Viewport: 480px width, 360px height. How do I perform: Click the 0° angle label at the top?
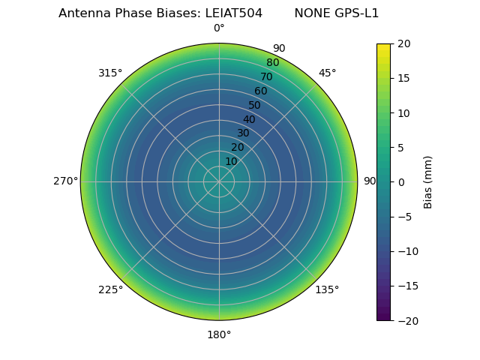pyautogui.click(x=219, y=28)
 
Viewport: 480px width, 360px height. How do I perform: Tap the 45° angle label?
pyautogui.click(x=327, y=73)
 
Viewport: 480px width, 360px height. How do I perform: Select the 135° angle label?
pyautogui.click(x=327, y=289)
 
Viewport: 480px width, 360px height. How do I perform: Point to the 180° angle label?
pyautogui.click(x=219, y=334)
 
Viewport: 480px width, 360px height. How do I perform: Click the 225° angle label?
pyautogui.click(x=110, y=289)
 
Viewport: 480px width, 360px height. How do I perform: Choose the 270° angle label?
pyautogui.click(x=65, y=181)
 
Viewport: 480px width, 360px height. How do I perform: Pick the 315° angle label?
pyautogui.click(x=110, y=73)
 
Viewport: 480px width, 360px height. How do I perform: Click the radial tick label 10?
pyautogui.click(x=231, y=161)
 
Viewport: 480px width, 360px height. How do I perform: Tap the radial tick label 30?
pyautogui.click(x=243, y=133)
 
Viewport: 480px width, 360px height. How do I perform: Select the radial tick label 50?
pyautogui.click(x=254, y=105)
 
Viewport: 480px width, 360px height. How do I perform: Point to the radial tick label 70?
pyautogui.click(x=266, y=76)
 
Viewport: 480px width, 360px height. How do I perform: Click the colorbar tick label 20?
pyautogui.click(x=403, y=44)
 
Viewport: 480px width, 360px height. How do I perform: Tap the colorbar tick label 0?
pyautogui.click(x=400, y=182)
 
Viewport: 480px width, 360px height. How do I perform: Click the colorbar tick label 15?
pyautogui.click(x=403, y=79)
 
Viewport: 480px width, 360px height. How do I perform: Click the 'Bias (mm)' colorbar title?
pyautogui.click(x=428, y=182)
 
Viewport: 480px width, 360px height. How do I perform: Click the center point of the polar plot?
pyautogui.click(x=219, y=181)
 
